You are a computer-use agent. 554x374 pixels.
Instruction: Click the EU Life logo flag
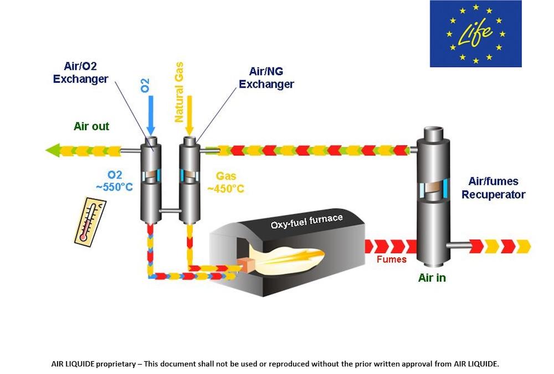click(x=475, y=34)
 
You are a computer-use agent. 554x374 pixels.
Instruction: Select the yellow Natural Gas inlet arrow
click(x=189, y=114)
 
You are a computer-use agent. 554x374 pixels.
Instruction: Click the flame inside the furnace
click(x=291, y=259)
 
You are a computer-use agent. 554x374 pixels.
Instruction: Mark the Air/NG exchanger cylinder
click(x=189, y=178)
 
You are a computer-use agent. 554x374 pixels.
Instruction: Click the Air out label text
click(x=91, y=127)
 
